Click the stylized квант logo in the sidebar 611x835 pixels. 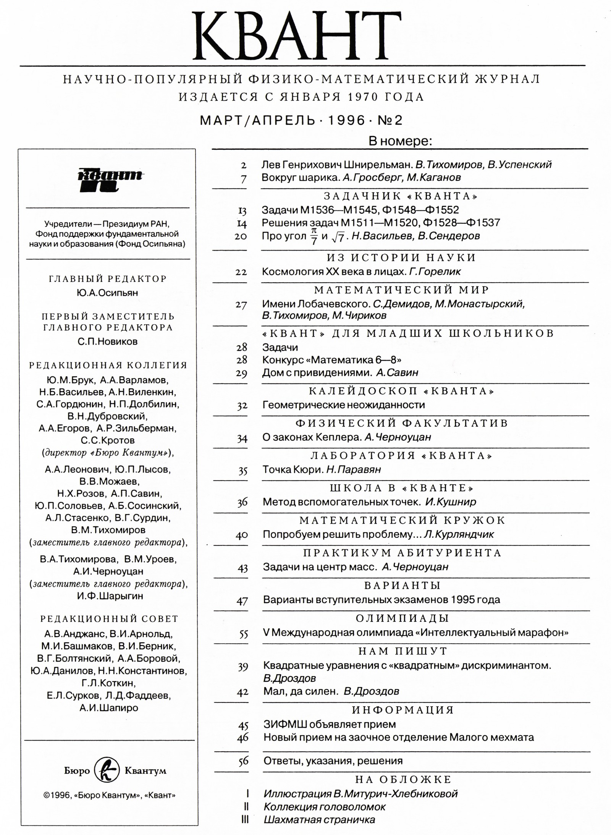click(x=109, y=180)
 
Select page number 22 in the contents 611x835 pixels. click(x=241, y=272)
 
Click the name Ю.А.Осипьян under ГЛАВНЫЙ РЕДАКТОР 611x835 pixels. click(x=107, y=293)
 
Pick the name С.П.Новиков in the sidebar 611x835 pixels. click(x=107, y=341)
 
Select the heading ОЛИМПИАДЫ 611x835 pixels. click(x=402, y=618)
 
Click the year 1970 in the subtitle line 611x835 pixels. click(x=363, y=97)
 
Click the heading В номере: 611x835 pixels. click(x=400, y=142)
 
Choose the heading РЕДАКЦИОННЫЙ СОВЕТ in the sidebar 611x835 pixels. click(x=109, y=618)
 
